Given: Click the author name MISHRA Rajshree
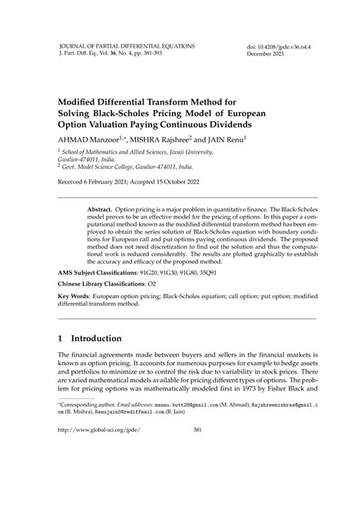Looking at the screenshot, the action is [x=167, y=140].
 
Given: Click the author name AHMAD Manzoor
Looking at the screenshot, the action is [x=90, y=140].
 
